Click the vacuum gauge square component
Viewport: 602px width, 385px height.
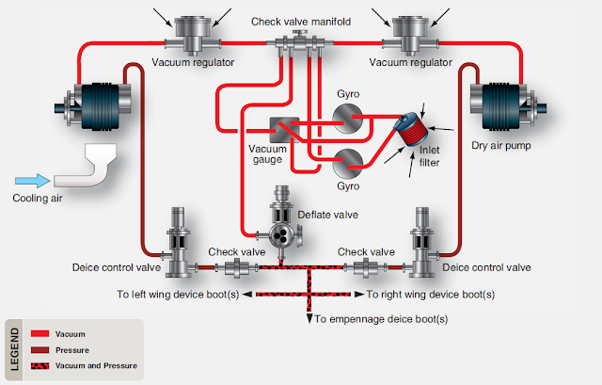point(283,131)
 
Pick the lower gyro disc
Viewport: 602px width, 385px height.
point(350,166)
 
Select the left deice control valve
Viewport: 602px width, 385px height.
point(179,243)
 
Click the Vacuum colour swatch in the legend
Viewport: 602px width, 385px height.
point(40,333)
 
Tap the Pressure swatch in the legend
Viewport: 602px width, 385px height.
point(40,349)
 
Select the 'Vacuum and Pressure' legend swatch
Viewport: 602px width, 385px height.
point(40,365)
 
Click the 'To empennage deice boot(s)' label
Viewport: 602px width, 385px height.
point(381,319)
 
